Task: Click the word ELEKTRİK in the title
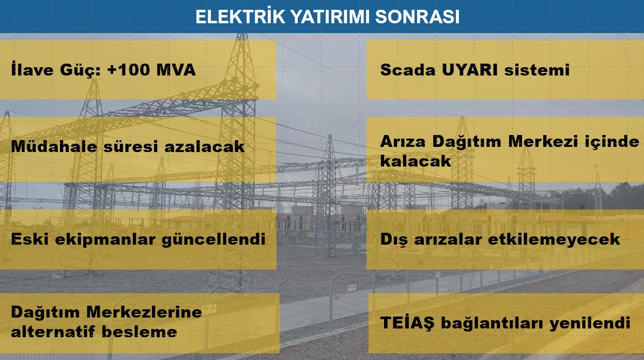(x=240, y=16)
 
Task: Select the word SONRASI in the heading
(x=418, y=17)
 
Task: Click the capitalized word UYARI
(x=469, y=70)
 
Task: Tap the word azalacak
(x=204, y=146)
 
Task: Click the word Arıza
(x=403, y=141)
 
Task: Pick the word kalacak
(x=416, y=161)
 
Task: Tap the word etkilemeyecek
(x=554, y=240)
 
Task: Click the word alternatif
(x=53, y=332)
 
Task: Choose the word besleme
(x=140, y=332)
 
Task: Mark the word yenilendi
(x=590, y=323)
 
